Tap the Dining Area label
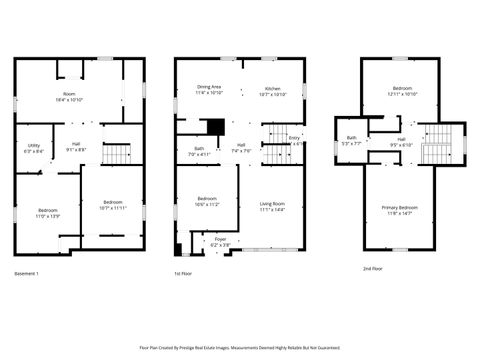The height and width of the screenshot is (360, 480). point(209,88)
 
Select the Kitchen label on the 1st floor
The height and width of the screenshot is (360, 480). point(273,88)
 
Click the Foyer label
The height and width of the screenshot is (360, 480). point(220,239)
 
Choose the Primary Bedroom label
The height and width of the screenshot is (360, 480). point(400,207)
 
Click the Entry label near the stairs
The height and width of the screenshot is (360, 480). point(294,138)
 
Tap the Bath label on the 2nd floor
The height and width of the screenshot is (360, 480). point(352,138)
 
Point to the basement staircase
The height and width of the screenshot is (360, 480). point(119,154)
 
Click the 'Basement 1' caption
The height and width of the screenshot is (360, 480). point(27,273)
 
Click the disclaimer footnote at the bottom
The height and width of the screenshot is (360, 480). point(240,348)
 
